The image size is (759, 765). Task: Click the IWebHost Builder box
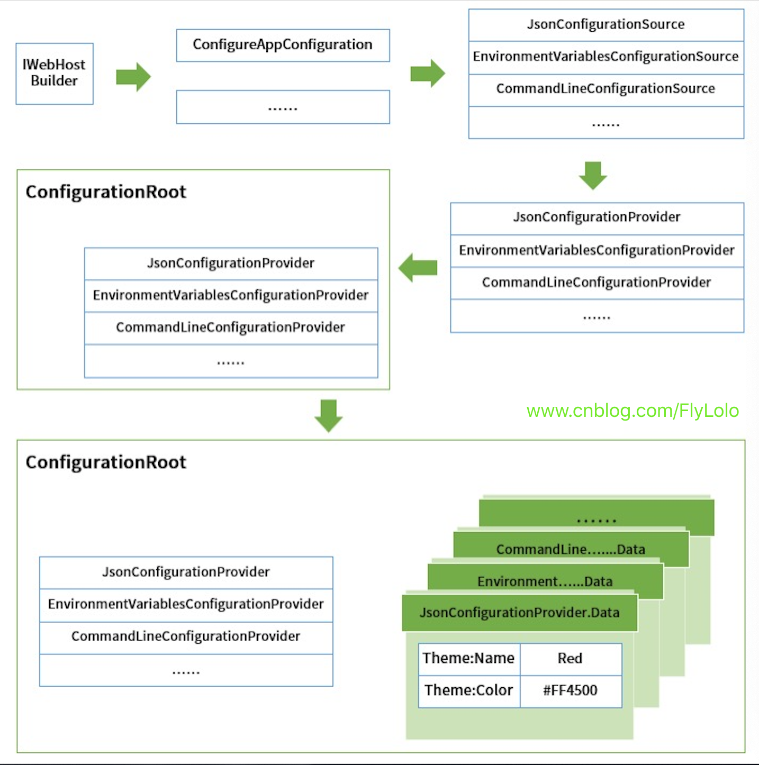pos(55,74)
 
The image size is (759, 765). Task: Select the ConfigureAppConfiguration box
pos(283,45)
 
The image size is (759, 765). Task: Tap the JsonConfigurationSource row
pos(606,25)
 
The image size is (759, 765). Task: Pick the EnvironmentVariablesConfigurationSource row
pos(606,57)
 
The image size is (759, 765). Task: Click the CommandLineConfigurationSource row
pos(606,89)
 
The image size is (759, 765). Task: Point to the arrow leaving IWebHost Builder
pos(133,77)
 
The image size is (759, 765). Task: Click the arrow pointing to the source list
pos(428,74)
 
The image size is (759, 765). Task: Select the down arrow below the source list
pos(593,175)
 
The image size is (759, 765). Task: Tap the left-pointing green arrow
pos(418,268)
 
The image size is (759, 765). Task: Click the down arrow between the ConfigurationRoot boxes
pos(329,416)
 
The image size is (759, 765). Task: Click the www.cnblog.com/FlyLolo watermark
pos(632,411)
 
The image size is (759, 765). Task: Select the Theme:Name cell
pos(468,659)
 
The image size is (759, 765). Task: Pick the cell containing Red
pos(570,659)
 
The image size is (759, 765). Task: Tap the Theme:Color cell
pos(468,691)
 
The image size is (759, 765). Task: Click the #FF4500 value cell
pos(570,691)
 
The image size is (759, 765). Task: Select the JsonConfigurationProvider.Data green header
pos(519,613)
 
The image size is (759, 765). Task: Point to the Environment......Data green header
pos(545,580)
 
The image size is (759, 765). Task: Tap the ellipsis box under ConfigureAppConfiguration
pos(283,107)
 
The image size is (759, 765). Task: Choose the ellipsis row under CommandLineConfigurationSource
pos(606,123)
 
